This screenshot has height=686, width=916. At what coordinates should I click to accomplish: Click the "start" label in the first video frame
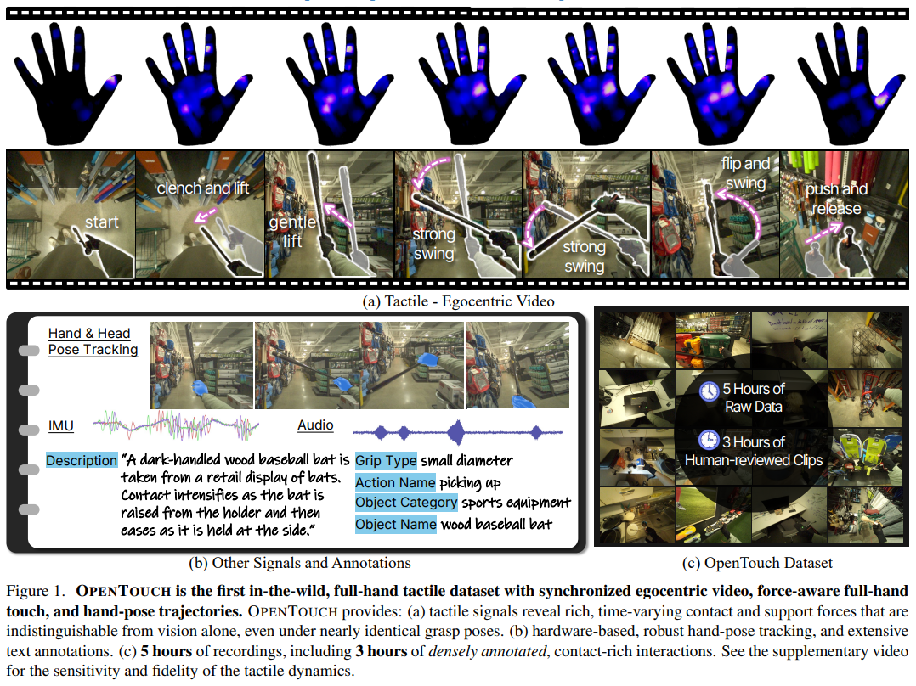point(102,222)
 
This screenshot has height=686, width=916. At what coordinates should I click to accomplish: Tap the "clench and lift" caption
point(203,188)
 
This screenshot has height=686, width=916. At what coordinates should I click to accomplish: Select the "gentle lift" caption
point(292,231)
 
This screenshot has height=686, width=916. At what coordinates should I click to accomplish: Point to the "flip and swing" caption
point(745,173)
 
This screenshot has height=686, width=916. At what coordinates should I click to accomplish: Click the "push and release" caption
point(836,199)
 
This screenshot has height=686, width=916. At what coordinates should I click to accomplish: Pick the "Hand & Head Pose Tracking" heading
point(93,341)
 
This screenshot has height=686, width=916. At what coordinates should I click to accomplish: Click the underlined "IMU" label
point(61,426)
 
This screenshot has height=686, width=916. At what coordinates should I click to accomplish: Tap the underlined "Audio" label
point(315,425)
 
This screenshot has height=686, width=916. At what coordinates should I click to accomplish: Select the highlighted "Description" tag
point(82,461)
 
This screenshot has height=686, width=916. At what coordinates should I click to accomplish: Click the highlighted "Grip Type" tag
point(386,461)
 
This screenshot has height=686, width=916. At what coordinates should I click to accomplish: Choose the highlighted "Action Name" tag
point(395,483)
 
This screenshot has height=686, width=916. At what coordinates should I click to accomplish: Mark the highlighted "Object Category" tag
point(406,502)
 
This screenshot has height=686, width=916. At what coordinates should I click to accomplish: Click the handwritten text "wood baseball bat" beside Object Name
point(496,525)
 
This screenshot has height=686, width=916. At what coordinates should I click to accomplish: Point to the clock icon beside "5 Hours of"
point(710,391)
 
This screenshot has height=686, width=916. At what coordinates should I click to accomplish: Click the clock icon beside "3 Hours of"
point(709,440)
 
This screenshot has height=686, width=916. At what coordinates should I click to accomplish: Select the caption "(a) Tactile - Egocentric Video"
point(459,301)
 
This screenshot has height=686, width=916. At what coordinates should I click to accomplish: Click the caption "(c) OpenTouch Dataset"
point(757,563)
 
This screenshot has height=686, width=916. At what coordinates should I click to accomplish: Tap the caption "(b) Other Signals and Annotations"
point(300,563)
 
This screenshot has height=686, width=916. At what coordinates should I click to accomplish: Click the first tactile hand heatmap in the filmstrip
point(68,83)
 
